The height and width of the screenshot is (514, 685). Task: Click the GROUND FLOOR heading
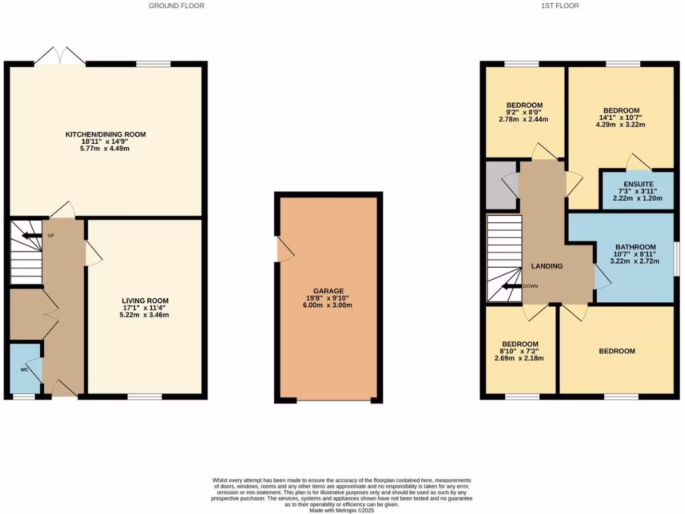pyautogui.click(x=176, y=6)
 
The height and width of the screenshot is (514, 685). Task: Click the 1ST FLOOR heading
pyautogui.click(x=560, y=6)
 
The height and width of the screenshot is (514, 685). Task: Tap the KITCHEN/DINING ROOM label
pyautogui.click(x=105, y=135)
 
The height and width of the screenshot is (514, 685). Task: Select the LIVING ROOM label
pyautogui.click(x=145, y=301)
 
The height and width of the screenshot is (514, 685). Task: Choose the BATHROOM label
pyautogui.click(x=635, y=247)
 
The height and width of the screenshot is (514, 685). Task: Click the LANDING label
pyautogui.click(x=547, y=266)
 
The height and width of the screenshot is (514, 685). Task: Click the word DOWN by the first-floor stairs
pyautogui.click(x=530, y=286)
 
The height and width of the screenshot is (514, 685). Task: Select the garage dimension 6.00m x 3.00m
pyautogui.click(x=329, y=305)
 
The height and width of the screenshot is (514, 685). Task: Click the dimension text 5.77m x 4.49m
pyautogui.click(x=105, y=149)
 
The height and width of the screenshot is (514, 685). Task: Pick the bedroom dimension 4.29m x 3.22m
pyautogui.click(x=621, y=125)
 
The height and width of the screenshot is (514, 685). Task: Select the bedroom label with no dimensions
pyautogui.click(x=616, y=351)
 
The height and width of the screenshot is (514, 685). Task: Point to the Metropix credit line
pyautogui.click(x=342, y=511)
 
